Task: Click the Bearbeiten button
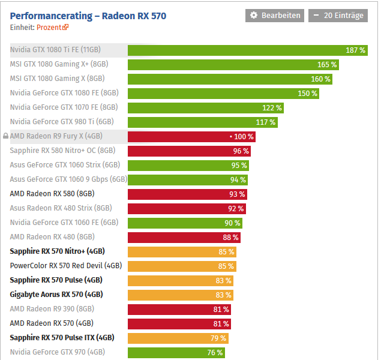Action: coord(275,16)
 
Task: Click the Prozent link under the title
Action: coord(52,27)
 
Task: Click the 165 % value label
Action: coord(327,65)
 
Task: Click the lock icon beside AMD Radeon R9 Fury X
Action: coord(5,137)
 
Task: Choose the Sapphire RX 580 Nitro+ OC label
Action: coord(62,151)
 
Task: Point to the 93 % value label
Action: coord(237,194)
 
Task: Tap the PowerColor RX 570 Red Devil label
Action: coord(66,266)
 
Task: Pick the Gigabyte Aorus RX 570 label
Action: coord(56,295)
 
